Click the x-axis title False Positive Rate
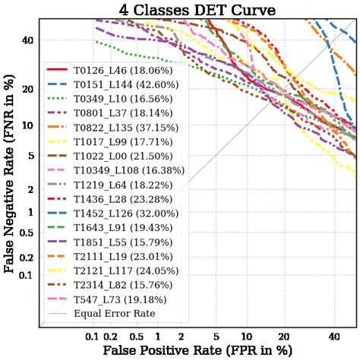pyautogui.click(x=196, y=350)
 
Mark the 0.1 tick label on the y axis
pyautogui.click(x=25, y=274)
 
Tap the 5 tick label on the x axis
pyautogui.click(x=216, y=336)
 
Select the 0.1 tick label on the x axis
pyautogui.click(x=93, y=336)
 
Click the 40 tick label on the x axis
pyautogui.click(x=334, y=336)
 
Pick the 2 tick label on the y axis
pyautogui.click(x=30, y=189)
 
